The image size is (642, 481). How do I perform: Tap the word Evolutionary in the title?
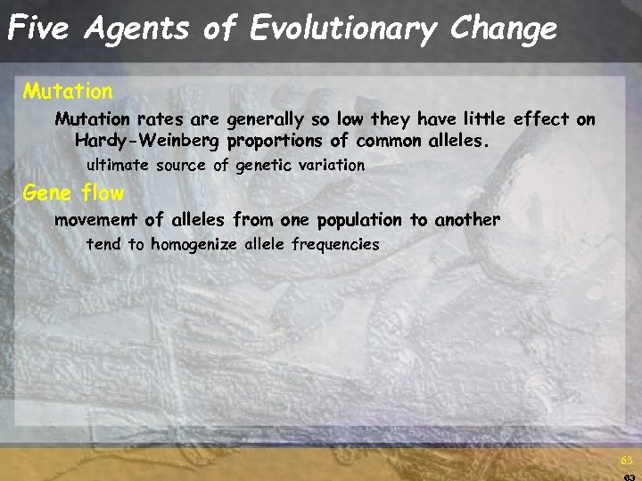(x=344, y=29)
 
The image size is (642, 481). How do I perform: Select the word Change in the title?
(x=504, y=29)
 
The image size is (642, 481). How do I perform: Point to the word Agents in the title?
(x=137, y=29)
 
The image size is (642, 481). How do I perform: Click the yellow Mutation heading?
(x=68, y=91)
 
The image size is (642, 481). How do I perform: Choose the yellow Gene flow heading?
(x=74, y=192)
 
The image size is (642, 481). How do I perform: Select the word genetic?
(x=263, y=166)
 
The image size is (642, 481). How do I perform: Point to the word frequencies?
(x=335, y=244)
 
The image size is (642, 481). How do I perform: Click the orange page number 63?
(x=627, y=461)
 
